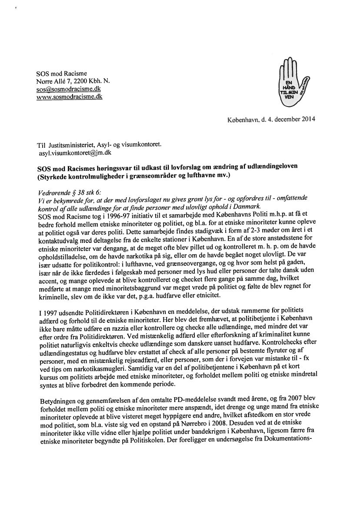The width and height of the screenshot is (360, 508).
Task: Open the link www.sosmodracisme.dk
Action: coord(70,96)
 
